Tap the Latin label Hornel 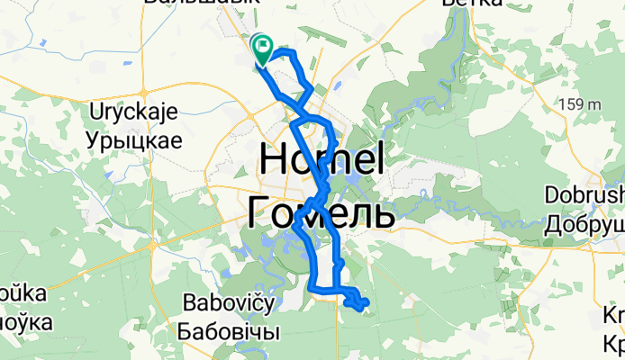(x=322, y=161)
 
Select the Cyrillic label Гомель (x=321, y=213)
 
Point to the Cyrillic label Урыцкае (x=135, y=139)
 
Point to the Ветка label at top (x=473, y=4)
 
